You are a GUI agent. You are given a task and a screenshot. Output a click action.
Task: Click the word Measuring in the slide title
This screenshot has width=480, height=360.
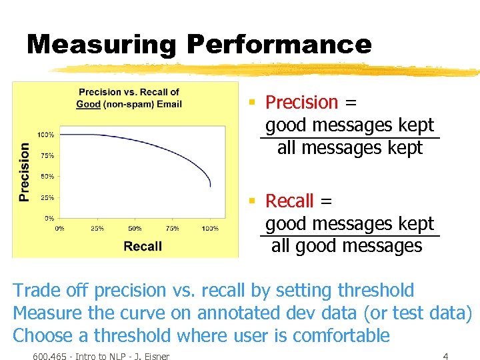tap(101, 45)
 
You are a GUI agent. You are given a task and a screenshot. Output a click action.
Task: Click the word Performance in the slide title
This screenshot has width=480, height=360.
tap(279, 45)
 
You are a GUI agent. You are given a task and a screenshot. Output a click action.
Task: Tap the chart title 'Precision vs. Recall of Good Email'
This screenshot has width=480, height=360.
tap(129, 98)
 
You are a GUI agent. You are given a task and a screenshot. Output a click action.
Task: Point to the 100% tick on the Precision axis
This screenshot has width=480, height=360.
tap(45, 135)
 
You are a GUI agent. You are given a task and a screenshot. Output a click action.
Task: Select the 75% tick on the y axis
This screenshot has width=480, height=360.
tap(47, 155)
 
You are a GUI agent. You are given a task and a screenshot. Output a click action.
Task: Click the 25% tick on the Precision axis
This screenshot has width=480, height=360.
tap(47, 197)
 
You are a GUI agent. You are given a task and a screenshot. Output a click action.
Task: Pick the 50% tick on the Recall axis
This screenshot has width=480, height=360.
tap(135, 228)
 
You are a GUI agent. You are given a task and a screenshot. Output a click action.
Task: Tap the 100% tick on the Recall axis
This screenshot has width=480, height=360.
tap(210, 228)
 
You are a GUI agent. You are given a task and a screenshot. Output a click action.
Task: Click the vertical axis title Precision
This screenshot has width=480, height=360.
tap(25, 172)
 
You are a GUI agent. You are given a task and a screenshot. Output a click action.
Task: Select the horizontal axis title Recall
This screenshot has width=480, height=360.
tap(143, 246)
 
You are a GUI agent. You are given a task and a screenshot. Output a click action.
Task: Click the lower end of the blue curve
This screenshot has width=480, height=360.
tap(210, 185)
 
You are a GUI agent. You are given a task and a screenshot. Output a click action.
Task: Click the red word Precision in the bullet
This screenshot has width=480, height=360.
tap(302, 102)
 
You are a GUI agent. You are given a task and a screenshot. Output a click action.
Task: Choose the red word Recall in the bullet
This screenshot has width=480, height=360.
tap(289, 201)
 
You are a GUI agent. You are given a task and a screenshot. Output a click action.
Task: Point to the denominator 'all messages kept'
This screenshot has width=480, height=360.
tap(350, 148)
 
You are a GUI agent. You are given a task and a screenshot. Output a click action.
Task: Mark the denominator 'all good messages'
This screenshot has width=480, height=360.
tap(347, 246)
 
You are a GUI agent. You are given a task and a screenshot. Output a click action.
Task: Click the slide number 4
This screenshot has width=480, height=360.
tap(445, 357)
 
